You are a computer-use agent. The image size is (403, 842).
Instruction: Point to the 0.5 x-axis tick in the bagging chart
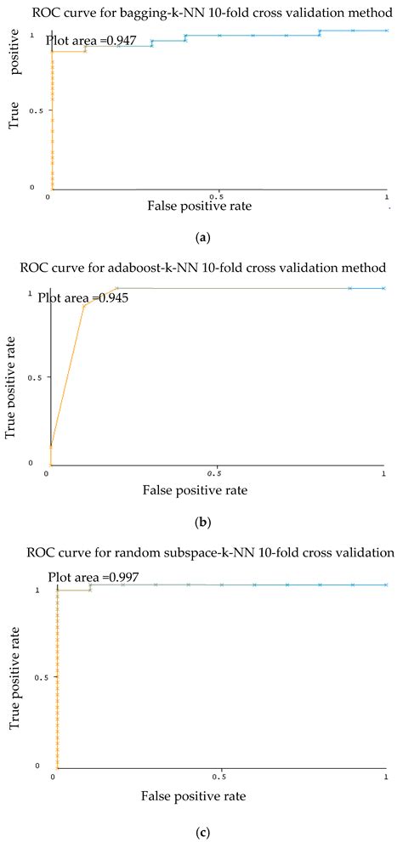(219, 195)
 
